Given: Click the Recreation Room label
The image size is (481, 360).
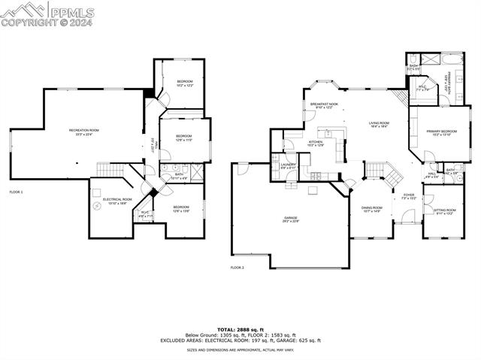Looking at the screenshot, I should [84, 132].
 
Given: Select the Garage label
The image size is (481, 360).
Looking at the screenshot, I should [291, 219].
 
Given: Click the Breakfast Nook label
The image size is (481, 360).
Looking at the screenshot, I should [324, 106].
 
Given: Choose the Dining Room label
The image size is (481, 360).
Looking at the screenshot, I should [371, 210].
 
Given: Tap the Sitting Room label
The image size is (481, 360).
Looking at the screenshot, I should [446, 211].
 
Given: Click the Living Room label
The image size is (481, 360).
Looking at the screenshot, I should [378, 125].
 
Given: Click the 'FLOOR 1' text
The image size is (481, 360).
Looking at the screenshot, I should [16, 192].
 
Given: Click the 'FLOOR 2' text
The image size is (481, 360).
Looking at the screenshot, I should [237, 267].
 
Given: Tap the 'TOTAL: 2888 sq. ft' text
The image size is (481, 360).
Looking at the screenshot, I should [240, 329].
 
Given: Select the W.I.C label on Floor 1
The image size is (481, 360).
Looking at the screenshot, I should [146, 213].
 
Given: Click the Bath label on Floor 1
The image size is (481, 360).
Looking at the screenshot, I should [179, 176].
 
